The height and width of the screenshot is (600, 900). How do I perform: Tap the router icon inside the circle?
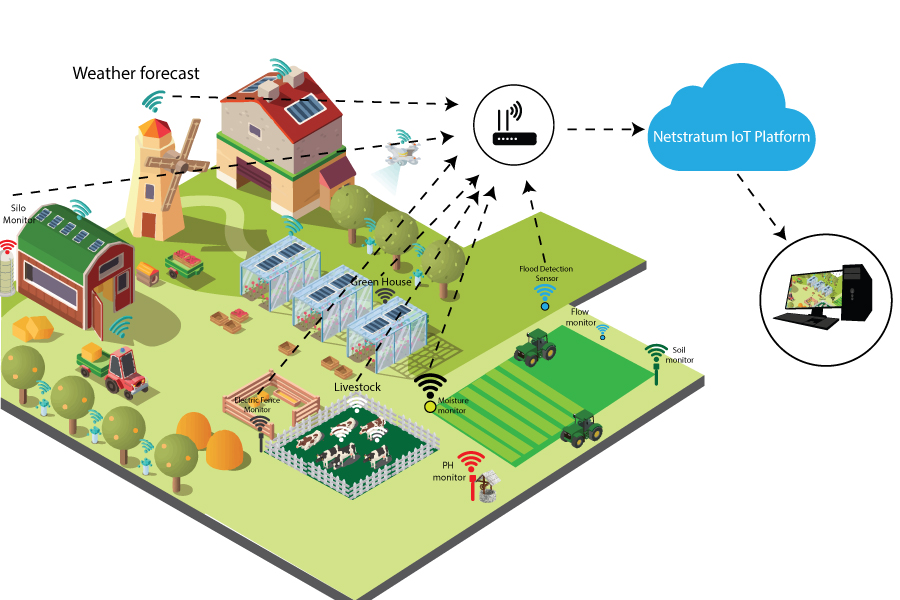coord(516,125)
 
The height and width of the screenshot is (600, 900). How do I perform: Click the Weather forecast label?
coord(136,74)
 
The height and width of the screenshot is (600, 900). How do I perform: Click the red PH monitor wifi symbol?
coord(470,461)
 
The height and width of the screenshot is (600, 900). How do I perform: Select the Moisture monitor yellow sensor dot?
coord(431,405)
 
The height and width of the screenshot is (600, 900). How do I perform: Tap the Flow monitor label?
coord(583,317)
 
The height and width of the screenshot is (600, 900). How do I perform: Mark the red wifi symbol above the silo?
coord(8,244)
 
